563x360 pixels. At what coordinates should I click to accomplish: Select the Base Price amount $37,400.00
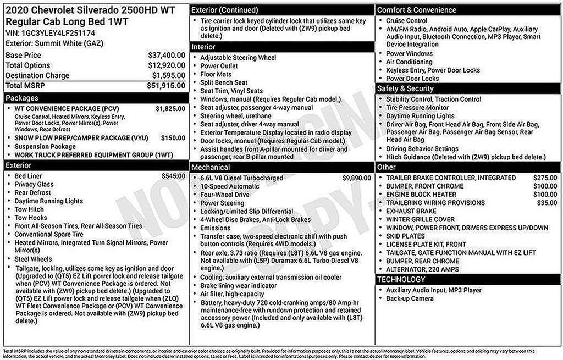pos(166,55)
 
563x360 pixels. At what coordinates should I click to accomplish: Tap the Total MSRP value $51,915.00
pos(165,85)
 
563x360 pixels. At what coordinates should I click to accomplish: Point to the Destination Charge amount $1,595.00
pos(168,75)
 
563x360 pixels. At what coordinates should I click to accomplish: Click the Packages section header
pos(22,98)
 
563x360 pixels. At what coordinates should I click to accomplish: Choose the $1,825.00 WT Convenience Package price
pos(170,109)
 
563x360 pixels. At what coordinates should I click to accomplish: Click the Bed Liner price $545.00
pos(173,176)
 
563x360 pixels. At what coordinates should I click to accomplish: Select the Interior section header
pos(203,47)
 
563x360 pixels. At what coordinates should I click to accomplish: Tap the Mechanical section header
pos(211,167)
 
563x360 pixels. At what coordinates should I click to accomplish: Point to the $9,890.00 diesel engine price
pos(357,178)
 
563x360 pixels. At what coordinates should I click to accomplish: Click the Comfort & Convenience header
pos(416,10)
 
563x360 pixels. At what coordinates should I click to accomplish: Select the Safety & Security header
pos(405,88)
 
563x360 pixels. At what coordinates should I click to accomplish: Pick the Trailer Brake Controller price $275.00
pos(545,178)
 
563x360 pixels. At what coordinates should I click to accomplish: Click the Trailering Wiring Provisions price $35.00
pos(547,203)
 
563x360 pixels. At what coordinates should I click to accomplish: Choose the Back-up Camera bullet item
pos(410,298)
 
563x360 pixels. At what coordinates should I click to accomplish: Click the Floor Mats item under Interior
pos(216,74)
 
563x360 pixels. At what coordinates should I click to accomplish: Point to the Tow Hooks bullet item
pos(31,218)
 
